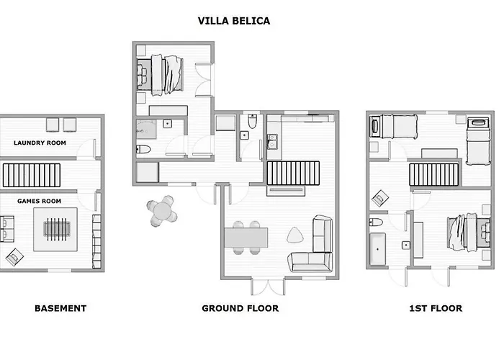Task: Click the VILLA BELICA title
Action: [x=234, y=21]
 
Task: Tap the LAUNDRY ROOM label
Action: [x=40, y=143]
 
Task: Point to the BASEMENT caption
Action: [x=60, y=308]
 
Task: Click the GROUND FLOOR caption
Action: [x=240, y=308]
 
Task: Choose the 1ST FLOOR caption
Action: [x=435, y=308]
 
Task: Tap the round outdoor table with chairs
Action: [x=163, y=211]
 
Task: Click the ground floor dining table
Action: [x=246, y=237]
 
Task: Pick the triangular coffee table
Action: [x=295, y=235]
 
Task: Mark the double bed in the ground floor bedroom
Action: [x=167, y=74]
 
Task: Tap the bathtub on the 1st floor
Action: [x=378, y=246]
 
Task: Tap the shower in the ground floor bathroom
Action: [x=148, y=131]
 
